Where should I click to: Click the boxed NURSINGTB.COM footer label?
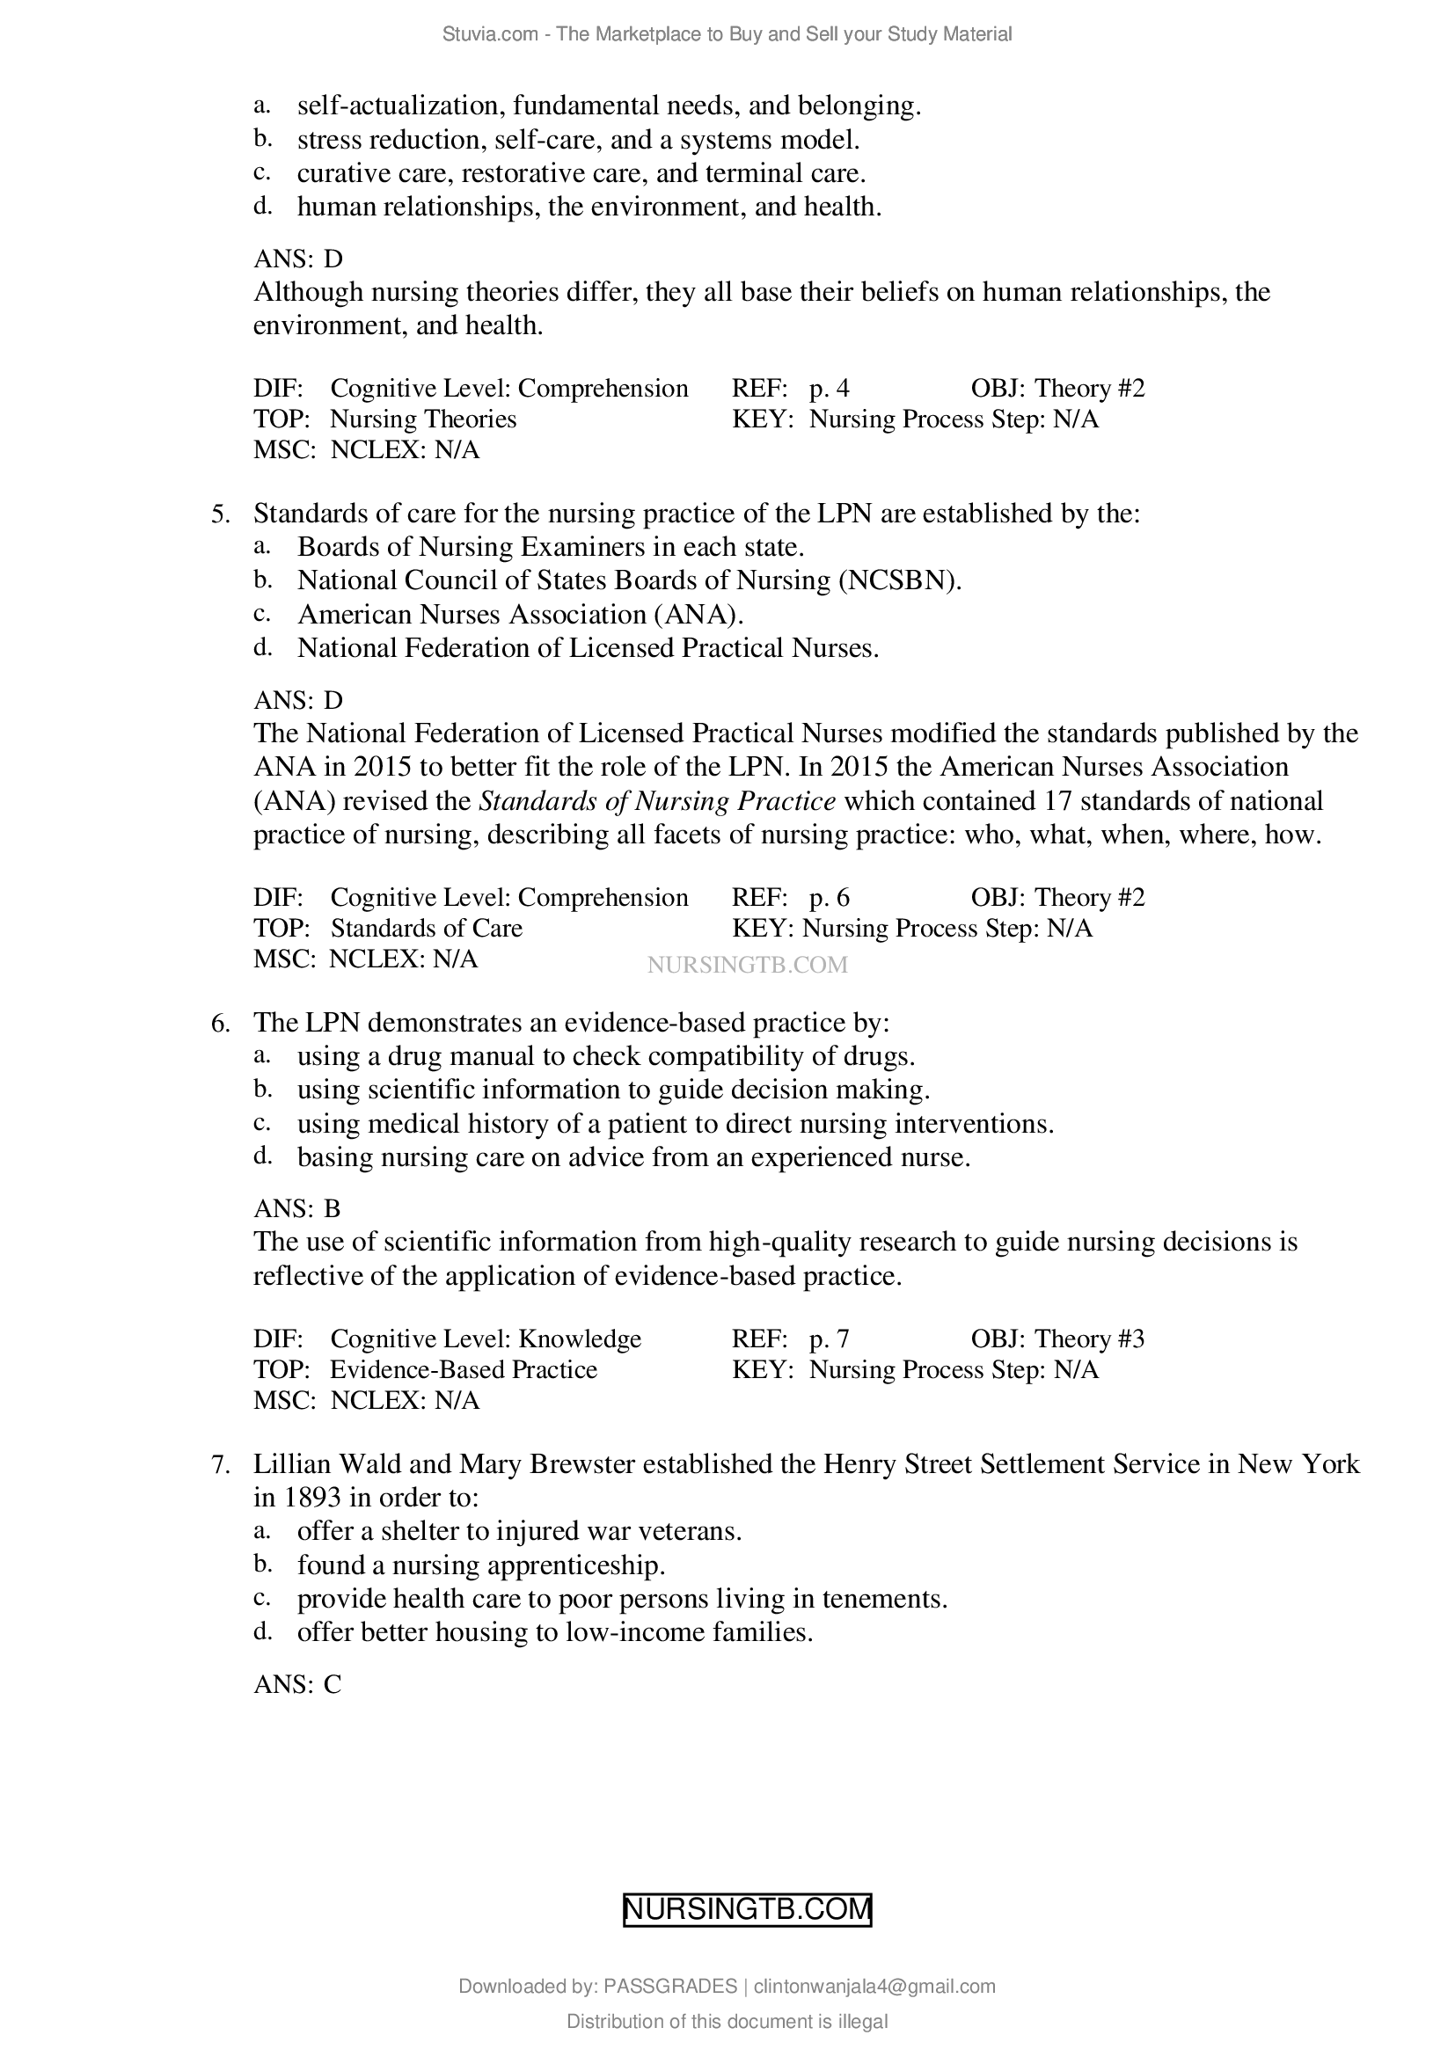[747, 1909]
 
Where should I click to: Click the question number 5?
[221, 514]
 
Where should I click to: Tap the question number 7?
[221, 1465]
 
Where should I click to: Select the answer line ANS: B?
[296, 1208]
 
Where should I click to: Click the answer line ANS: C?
[296, 1684]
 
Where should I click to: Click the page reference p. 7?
[829, 1339]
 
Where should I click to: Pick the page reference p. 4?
[829, 388]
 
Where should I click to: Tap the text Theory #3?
[1089, 1339]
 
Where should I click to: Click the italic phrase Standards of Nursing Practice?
[658, 801]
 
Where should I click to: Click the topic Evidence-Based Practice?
[464, 1369]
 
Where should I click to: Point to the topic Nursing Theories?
[423, 419]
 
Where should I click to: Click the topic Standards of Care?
[427, 927]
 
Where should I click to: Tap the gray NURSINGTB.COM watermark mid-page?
[746, 965]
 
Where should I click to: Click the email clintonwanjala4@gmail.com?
[874, 1987]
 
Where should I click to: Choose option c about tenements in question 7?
[622, 1599]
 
